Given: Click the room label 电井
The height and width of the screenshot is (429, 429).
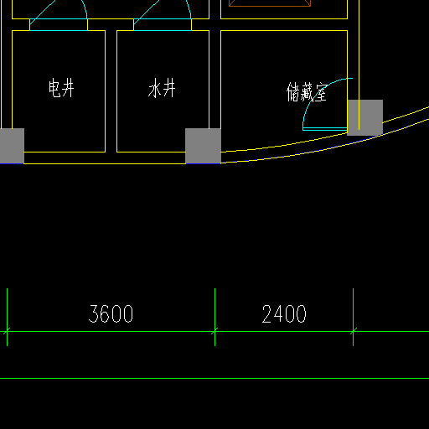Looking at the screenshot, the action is [x=61, y=88].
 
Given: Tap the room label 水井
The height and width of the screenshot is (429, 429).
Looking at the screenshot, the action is [x=162, y=88].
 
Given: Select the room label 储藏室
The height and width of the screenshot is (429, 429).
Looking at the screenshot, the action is [x=307, y=92].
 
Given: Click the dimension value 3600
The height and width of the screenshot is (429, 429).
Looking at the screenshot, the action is [x=111, y=313].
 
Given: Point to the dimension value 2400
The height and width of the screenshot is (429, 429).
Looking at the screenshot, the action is [x=284, y=313].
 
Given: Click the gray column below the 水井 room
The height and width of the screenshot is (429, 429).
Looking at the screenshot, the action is [x=203, y=146].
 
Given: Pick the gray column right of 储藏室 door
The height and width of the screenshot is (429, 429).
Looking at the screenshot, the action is [x=364, y=117].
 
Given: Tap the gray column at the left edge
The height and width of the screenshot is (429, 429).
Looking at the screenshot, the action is [x=12, y=146].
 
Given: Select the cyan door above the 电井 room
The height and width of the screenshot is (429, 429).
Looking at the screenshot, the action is [x=59, y=24].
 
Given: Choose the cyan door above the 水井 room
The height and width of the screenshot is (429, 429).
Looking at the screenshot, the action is [x=163, y=24].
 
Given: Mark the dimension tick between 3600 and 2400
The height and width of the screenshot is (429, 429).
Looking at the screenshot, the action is [x=214, y=332].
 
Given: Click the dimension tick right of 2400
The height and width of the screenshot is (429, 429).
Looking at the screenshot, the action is [x=353, y=332].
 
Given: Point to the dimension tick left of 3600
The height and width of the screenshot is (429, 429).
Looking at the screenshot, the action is [x=7, y=332].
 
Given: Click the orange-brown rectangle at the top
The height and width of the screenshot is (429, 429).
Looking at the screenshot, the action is [x=270, y=3].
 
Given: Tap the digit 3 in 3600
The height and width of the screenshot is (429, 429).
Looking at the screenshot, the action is [x=94, y=313].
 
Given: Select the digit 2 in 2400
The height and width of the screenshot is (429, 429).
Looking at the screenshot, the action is [x=267, y=313].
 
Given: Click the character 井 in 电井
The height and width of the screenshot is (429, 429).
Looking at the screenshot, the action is [x=68, y=88].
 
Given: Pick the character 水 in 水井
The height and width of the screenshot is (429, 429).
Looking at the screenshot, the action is [x=154, y=88].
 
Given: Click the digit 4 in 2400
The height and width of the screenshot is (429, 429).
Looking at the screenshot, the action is [x=278, y=313].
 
